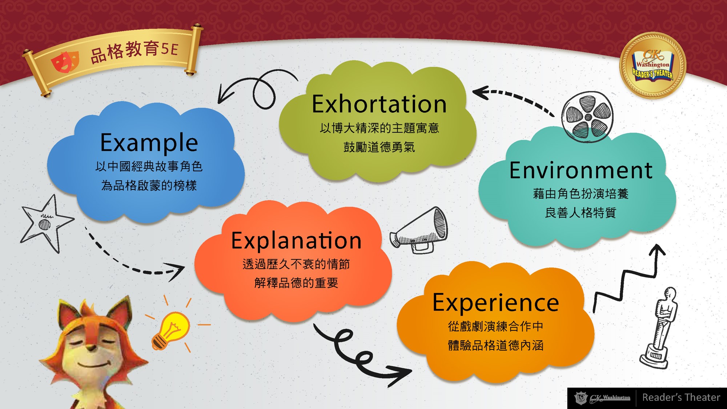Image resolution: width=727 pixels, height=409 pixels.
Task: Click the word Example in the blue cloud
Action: click(149, 143)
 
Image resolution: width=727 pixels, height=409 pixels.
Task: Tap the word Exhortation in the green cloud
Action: click(379, 104)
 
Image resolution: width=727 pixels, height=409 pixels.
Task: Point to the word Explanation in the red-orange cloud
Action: click(296, 241)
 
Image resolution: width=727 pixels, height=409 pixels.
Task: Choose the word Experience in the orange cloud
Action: click(496, 302)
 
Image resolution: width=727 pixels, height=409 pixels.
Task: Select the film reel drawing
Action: click(587, 116)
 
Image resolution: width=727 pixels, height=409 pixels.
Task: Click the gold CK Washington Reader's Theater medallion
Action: click(653, 65)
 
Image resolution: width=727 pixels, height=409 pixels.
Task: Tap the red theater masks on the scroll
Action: click(65, 62)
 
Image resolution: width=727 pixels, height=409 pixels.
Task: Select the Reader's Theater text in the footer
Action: click(681, 397)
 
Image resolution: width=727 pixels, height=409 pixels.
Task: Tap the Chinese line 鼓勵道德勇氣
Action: click(379, 147)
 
